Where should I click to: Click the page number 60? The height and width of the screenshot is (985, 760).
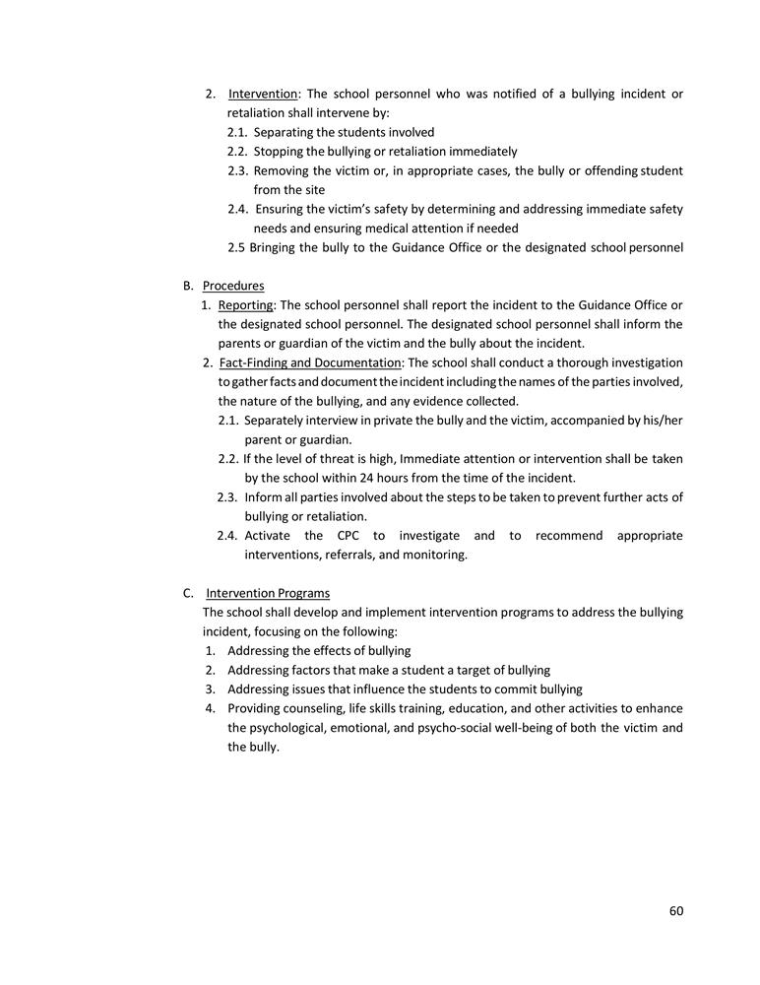(675, 911)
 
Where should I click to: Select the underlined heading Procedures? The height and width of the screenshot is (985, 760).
(233, 286)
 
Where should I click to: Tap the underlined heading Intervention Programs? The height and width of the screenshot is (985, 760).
(268, 593)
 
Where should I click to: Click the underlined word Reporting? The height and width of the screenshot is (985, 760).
(245, 305)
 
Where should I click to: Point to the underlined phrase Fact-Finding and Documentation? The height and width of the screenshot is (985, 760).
(310, 363)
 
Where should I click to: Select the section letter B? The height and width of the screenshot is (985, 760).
(187, 286)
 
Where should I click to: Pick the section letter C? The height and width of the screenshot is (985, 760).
(187, 593)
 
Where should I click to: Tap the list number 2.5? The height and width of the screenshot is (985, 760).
(236, 247)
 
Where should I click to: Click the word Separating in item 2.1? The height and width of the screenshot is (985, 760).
(284, 132)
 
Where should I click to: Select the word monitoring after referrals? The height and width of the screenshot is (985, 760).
(434, 555)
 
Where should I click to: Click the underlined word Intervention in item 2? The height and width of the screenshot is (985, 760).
(263, 94)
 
